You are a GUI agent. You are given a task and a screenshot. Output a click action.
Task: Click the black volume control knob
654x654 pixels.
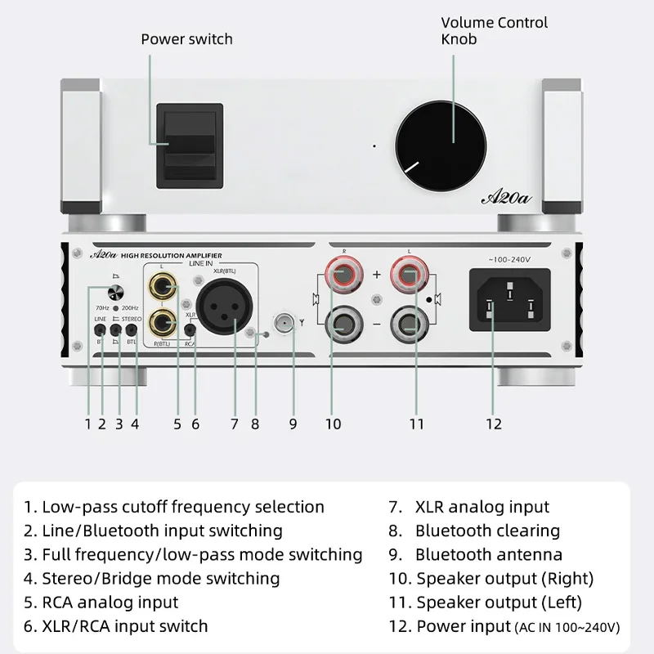point(442,144)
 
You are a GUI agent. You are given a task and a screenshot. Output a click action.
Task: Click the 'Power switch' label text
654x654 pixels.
point(186,39)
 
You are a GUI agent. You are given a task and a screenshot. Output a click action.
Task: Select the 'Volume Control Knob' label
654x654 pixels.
point(494,30)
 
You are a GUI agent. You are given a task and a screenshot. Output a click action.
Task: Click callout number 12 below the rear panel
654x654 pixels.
point(493,423)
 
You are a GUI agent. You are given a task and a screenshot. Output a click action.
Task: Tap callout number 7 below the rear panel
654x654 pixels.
point(234,423)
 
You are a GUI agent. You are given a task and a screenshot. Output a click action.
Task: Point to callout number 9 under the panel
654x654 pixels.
point(293,423)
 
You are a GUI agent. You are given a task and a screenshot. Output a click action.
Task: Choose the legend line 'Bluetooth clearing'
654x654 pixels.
point(486,531)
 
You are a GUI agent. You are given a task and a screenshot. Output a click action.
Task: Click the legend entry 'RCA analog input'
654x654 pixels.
point(110,602)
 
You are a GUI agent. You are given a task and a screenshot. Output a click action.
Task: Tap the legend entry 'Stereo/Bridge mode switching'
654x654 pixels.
point(160,578)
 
